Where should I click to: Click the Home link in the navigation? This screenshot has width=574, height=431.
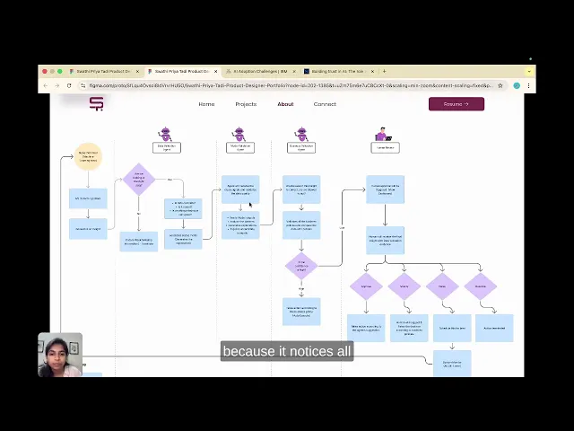(206, 104)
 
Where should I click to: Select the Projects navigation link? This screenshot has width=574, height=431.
(246, 104)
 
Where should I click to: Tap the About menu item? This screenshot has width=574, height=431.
(285, 104)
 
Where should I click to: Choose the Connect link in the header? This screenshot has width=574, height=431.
(325, 104)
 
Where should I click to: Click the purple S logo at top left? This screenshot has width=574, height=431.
(96, 104)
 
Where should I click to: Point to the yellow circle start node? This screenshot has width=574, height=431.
(88, 156)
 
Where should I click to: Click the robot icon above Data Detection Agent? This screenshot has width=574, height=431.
(165, 135)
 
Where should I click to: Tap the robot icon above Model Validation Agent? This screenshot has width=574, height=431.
(239, 135)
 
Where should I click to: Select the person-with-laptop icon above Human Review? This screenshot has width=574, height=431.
(384, 135)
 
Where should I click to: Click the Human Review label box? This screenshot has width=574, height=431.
(385, 147)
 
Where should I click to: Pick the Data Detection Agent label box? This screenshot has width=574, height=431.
(166, 147)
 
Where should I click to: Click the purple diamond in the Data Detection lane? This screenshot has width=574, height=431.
(138, 180)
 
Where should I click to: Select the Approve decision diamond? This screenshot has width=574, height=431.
(366, 286)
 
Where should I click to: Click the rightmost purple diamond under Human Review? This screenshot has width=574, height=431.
(481, 286)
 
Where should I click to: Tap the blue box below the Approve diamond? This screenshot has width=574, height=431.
(366, 328)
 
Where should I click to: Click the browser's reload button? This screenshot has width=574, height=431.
(69, 85)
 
